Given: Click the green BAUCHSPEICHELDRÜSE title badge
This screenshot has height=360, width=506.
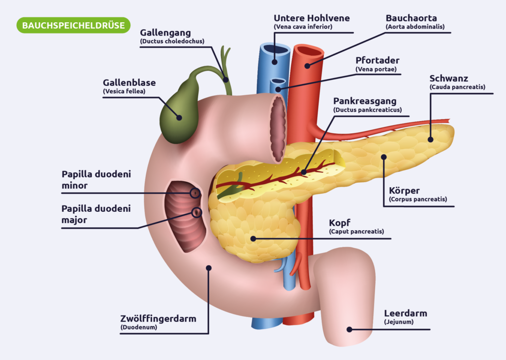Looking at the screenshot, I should (73, 25).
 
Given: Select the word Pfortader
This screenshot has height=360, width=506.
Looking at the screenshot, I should (377, 60).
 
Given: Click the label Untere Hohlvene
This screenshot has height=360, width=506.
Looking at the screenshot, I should (311, 18).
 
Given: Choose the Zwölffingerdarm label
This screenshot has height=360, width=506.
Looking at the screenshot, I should (158, 319).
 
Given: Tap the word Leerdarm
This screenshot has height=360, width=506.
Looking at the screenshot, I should (405, 313).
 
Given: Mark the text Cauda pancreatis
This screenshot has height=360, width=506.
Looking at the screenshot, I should (458, 87).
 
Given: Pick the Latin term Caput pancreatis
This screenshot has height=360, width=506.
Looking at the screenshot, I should (356, 231).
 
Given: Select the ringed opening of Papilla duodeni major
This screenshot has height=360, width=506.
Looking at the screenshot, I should (197, 213).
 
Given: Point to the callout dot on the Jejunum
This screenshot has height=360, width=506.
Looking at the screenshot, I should (349, 329).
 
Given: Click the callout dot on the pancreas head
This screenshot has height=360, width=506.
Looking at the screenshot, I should (253, 239).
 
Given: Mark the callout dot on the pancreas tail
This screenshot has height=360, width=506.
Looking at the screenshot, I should (430, 139).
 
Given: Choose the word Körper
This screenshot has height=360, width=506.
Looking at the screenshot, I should (404, 190).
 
